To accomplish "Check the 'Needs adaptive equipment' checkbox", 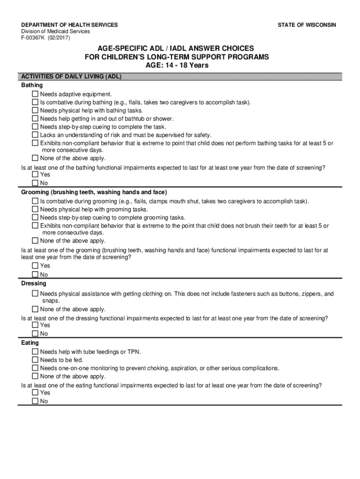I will pos(35,94).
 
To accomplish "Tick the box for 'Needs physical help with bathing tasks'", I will pos(35,110).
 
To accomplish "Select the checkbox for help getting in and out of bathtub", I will pos(35,119).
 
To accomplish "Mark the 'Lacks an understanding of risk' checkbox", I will pos(35,135).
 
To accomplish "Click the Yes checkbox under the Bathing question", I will pos(35,174).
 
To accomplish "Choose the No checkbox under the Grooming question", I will pos(35,275).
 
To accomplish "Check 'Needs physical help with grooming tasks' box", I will pos(35,210).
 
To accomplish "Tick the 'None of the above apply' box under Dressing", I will pos(35,309).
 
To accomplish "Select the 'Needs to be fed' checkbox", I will pos(35,360).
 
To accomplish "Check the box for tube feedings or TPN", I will pos(35,352).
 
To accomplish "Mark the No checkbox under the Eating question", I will pos(35,401).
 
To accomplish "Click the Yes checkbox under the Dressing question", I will pos(35,325).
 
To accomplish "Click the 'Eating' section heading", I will pos(30,343).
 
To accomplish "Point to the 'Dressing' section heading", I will pos(34,283).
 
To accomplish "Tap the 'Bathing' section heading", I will pos(32,85).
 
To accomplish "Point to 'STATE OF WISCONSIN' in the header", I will pos(306,25).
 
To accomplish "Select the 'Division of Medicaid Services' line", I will pos(55,31).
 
